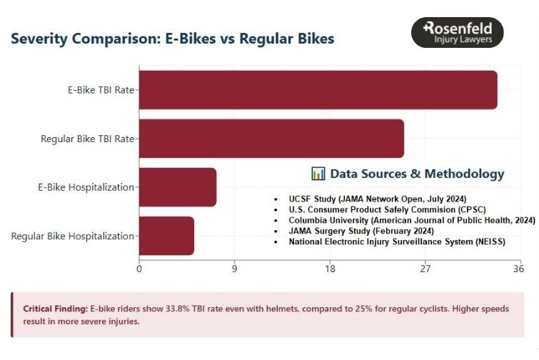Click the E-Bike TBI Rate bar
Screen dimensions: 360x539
click(x=318, y=90)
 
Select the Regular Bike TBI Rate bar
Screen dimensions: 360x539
click(x=271, y=139)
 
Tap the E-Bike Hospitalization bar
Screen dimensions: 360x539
click(x=178, y=187)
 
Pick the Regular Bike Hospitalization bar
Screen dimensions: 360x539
click(x=166, y=236)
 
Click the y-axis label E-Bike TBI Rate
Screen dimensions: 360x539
click(x=99, y=91)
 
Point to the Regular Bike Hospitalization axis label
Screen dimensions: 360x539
click(x=72, y=236)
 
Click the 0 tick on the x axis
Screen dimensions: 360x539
click(x=139, y=269)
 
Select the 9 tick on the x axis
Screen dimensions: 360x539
click(x=234, y=269)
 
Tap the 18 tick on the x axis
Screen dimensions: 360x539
click(x=330, y=269)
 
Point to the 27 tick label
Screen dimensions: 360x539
click(x=425, y=269)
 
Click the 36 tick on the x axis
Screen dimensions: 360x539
click(x=518, y=269)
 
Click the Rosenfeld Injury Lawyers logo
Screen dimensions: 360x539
click(x=458, y=33)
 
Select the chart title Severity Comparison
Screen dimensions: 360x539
click(x=172, y=39)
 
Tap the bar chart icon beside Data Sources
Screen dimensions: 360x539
click(x=318, y=174)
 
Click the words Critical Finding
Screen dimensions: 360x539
click(x=55, y=309)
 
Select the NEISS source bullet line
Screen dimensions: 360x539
click(x=396, y=242)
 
